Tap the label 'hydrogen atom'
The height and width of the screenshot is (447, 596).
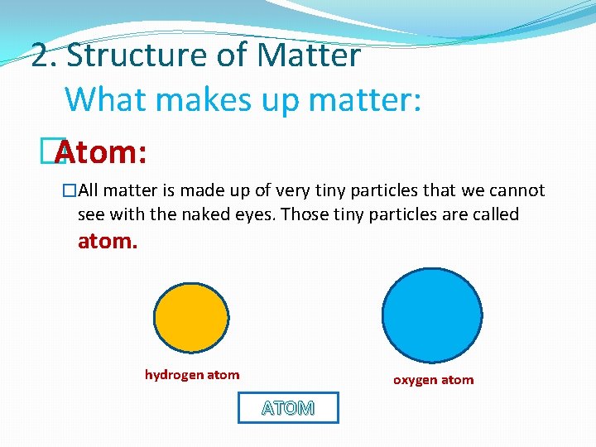[x=192, y=375]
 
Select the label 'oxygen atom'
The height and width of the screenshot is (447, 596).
[x=433, y=380]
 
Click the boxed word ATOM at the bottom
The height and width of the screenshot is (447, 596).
[x=288, y=408]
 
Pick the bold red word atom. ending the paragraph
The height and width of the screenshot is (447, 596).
[x=108, y=242]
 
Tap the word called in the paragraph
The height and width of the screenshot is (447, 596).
[x=492, y=214]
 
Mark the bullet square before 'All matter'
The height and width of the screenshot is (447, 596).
[x=70, y=191]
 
